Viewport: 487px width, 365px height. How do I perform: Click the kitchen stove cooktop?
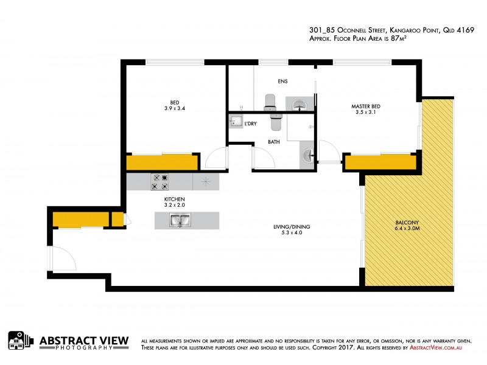[159, 182]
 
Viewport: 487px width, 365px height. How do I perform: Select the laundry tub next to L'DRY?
[236, 122]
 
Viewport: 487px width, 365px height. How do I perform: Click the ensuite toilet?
[271, 104]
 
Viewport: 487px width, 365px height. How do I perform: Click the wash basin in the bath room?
[307, 156]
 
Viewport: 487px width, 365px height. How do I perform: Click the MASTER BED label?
[366, 106]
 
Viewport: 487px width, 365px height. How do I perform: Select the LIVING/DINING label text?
[287, 227]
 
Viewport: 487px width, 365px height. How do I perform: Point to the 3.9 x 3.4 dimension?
[174, 108]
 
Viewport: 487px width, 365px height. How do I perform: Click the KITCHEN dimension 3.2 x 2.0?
[174, 206]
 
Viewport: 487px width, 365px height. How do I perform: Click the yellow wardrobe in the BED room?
[162, 162]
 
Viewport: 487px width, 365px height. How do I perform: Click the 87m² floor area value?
[399, 38]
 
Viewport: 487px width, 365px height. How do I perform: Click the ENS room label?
[282, 81]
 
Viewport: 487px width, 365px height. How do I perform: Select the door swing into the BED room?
[216, 159]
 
